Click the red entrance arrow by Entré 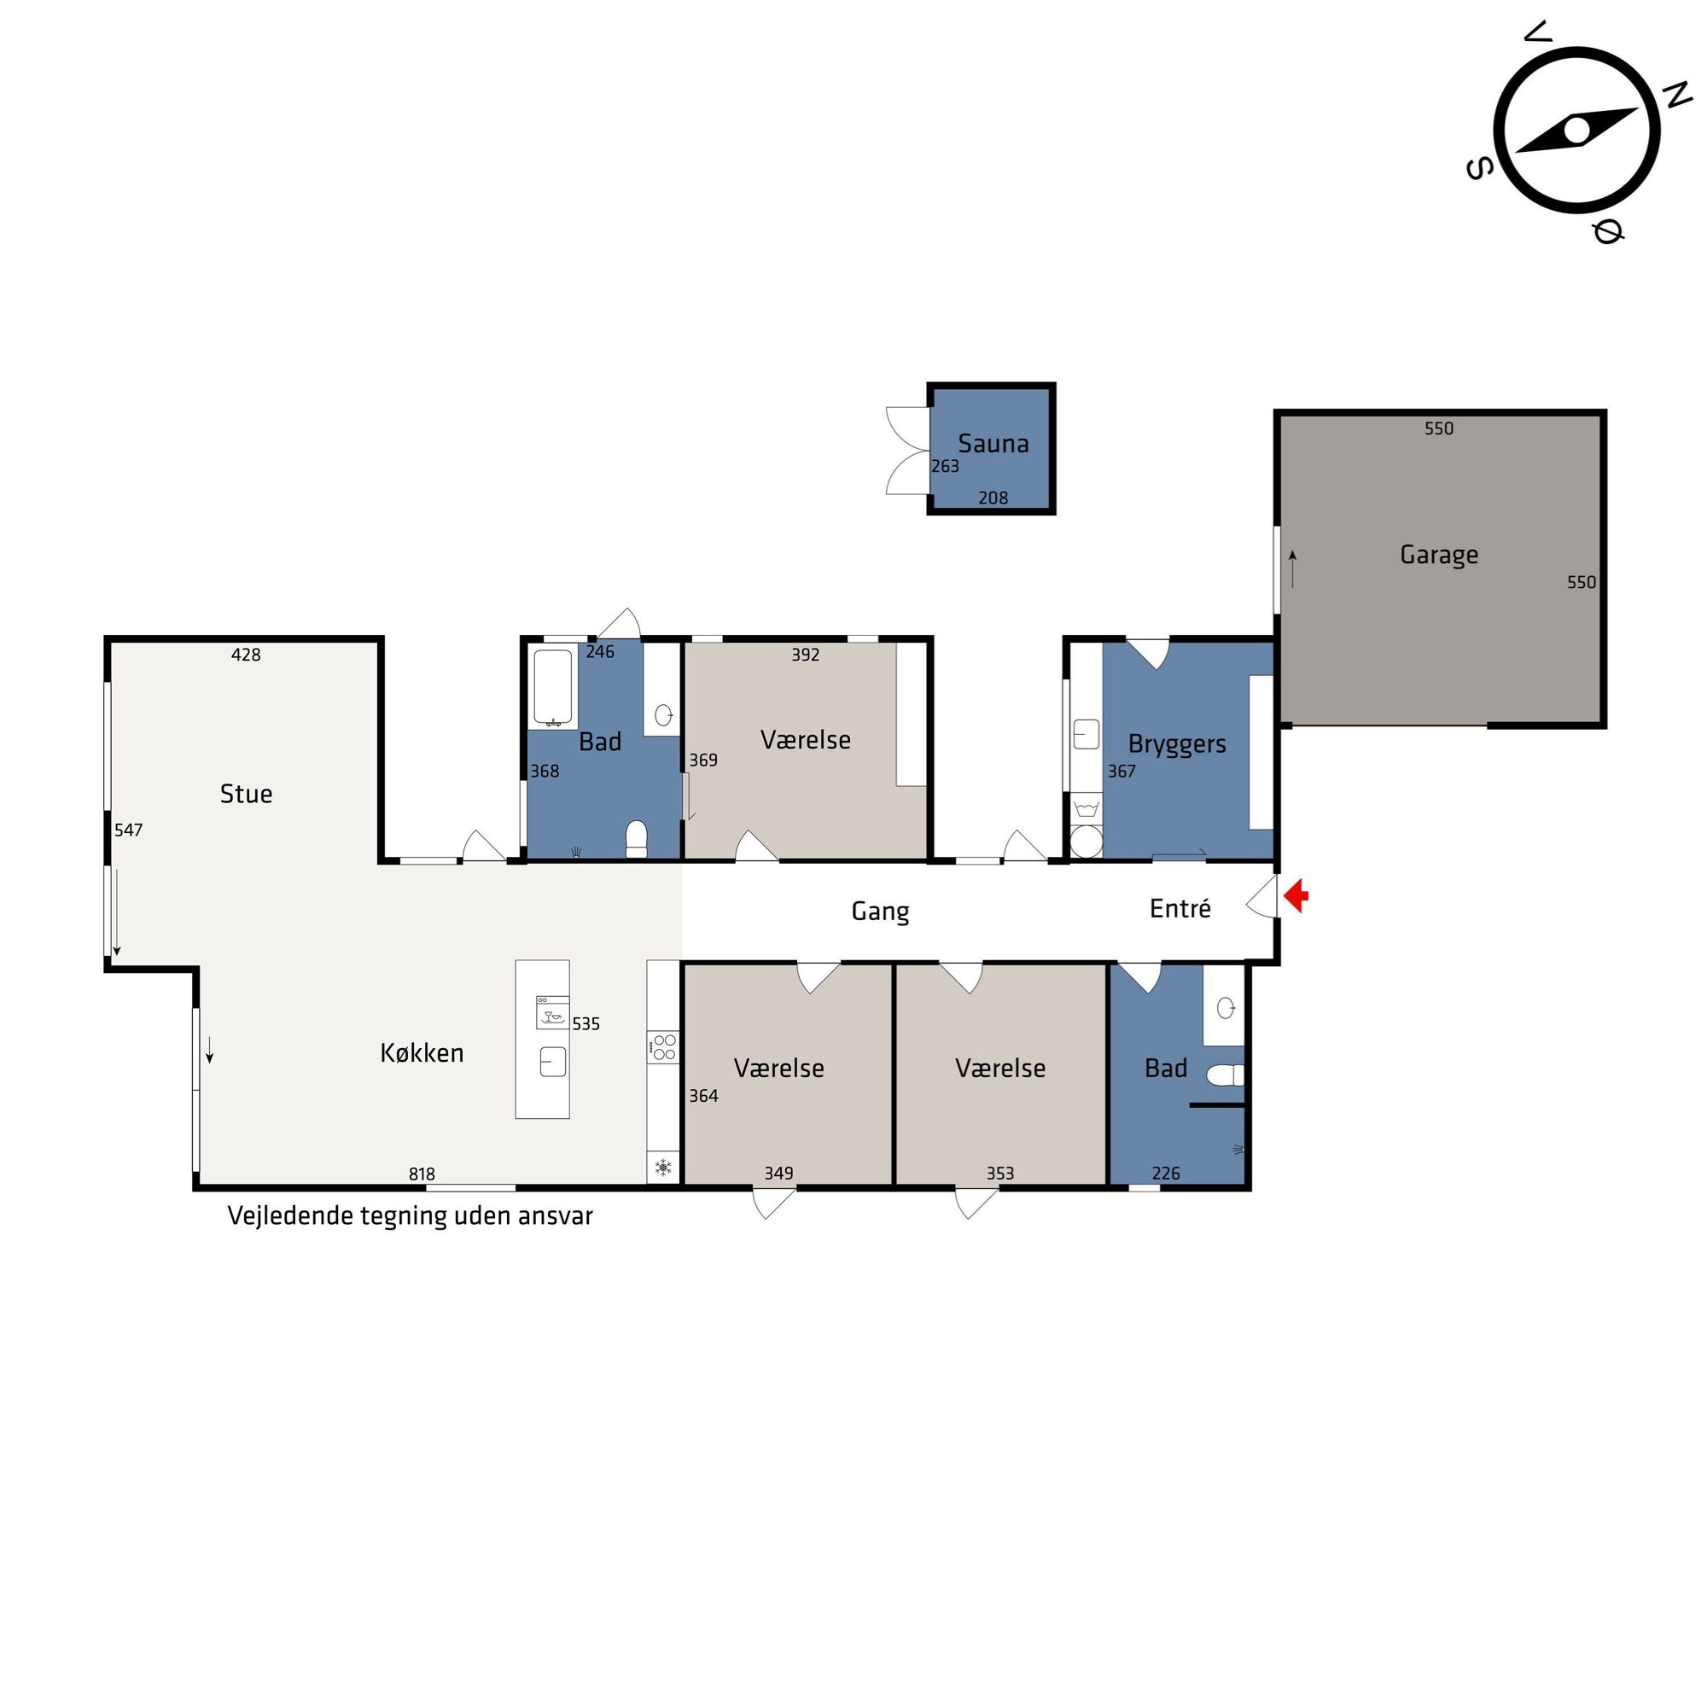pyautogui.click(x=1296, y=896)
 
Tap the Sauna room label pyautogui.click(x=993, y=444)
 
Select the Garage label pyautogui.click(x=1438, y=555)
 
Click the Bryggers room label pyautogui.click(x=1177, y=744)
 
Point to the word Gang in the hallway pyautogui.click(x=880, y=911)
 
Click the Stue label pyautogui.click(x=246, y=794)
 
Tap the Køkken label pyautogui.click(x=422, y=1052)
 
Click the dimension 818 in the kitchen pyautogui.click(x=422, y=1174)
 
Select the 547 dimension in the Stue pyautogui.click(x=128, y=830)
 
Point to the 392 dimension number pyautogui.click(x=805, y=655)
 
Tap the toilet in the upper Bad pyautogui.click(x=636, y=838)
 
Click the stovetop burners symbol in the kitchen pyautogui.click(x=663, y=1047)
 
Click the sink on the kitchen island pyautogui.click(x=552, y=1061)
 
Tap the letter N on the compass pyautogui.click(x=1676, y=95)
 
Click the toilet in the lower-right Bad pyautogui.click(x=1225, y=1075)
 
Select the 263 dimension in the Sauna pyautogui.click(x=945, y=466)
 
